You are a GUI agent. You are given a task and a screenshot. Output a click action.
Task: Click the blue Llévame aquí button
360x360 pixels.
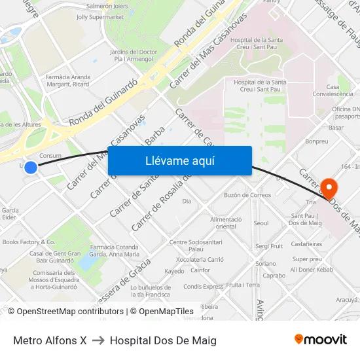(179, 161)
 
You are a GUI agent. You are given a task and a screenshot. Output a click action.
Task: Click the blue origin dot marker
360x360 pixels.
(31, 168)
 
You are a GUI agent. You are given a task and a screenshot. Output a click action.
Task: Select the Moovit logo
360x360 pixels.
(321, 340)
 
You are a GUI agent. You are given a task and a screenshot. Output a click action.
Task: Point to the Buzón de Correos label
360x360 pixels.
(247, 195)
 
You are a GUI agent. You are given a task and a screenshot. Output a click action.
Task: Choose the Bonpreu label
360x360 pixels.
(317, 141)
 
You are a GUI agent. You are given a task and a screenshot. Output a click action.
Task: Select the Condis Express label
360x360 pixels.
(203, 287)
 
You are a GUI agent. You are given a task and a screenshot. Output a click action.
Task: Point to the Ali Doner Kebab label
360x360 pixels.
(312, 270)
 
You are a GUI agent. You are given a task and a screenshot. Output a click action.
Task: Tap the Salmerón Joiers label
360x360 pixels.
(107, 5)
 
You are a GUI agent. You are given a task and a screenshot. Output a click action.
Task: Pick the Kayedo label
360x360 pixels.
(174, 271)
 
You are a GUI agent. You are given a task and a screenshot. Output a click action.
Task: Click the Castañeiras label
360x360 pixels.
(306, 244)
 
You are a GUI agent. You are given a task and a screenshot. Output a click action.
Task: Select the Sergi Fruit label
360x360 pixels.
(269, 246)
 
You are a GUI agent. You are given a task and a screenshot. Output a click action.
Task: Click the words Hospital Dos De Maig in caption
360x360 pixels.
(163, 340)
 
